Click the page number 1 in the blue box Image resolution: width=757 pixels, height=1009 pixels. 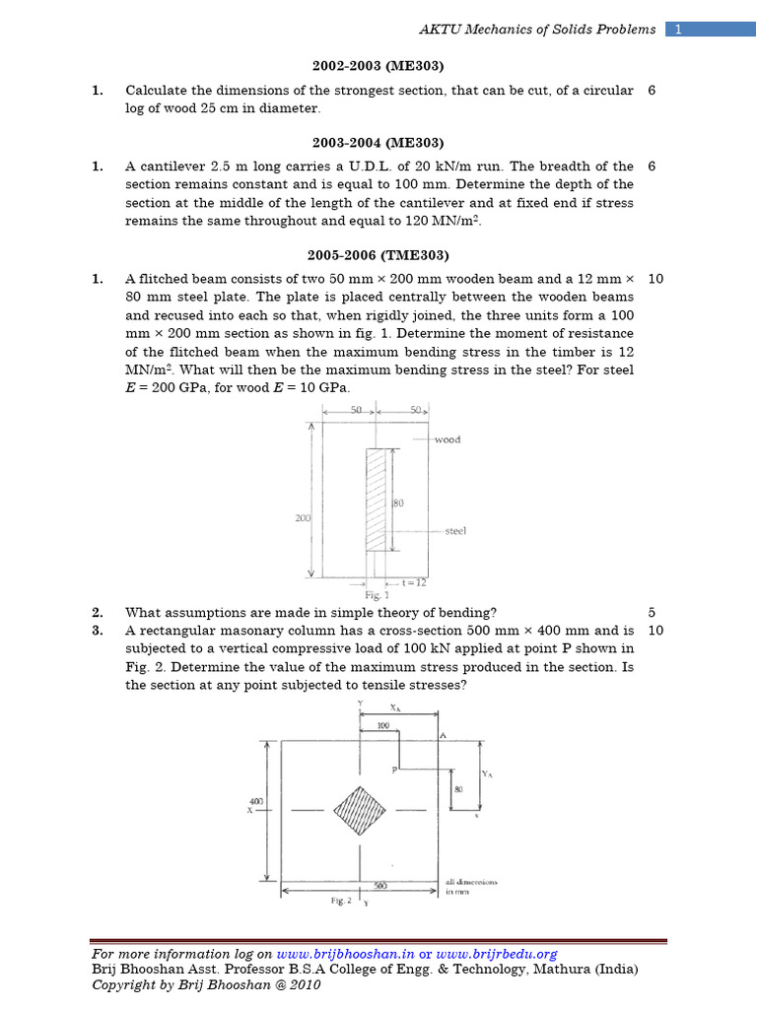(x=678, y=30)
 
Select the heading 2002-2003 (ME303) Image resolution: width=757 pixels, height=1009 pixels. (x=378, y=66)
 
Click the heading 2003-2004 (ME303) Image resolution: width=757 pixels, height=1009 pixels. (x=378, y=142)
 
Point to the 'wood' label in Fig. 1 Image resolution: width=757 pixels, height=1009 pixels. (x=447, y=439)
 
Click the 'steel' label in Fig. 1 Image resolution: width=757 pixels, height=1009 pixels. (x=454, y=530)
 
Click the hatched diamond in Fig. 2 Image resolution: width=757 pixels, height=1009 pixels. (x=359, y=810)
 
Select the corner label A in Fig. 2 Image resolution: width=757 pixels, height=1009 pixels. (x=444, y=735)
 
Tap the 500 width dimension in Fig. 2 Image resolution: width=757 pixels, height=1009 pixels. (x=379, y=886)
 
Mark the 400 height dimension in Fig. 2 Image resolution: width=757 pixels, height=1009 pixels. (x=255, y=802)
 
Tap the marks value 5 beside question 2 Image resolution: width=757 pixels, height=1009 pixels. (x=653, y=612)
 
